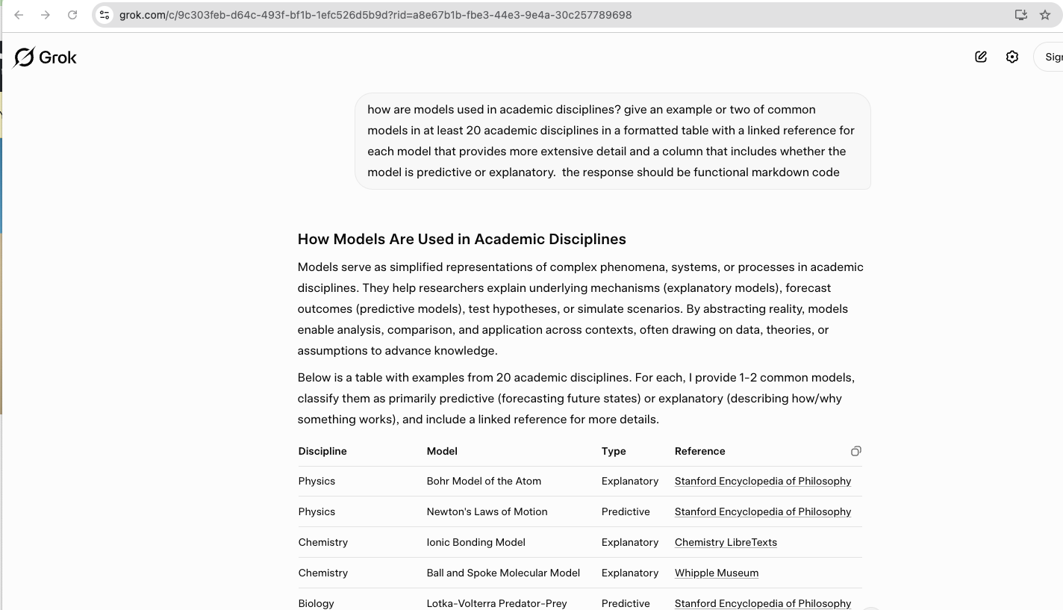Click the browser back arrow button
click(x=19, y=15)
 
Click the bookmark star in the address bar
click(x=1045, y=15)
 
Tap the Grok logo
click(x=46, y=57)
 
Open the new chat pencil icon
click(x=981, y=57)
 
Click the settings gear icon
click(x=1012, y=57)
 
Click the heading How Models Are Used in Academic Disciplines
click(x=461, y=239)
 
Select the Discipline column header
click(x=322, y=451)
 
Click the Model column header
click(x=442, y=451)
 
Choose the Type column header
click(x=614, y=451)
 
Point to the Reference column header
click(x=699, y=451)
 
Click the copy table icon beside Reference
click(x=855, y=451)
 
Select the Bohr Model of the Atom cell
click(x=484, y=481)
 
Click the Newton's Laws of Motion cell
click(x=487, y=511)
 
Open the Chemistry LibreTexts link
click(x=726, y=542)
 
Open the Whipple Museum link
click(x=717, y=573)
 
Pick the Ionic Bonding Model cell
click(x=476, y=542)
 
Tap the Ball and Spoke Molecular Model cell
click(x=503, y=573)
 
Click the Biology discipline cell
click(x=316, y=603)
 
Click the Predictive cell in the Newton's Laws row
click(x=626, y=511)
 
